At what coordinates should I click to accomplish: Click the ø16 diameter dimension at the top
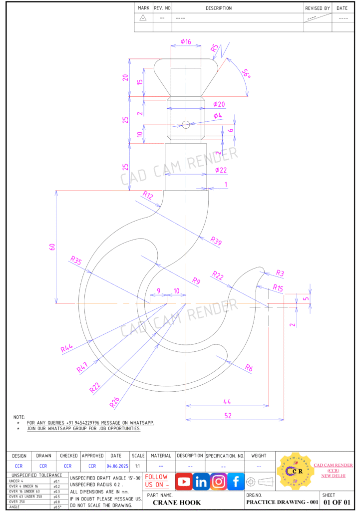[x=186, y=42]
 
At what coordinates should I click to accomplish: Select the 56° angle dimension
[x=246, y=73]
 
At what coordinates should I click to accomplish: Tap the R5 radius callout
[x=214, y=48]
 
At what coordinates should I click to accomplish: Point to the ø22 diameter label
[x=221, y=170]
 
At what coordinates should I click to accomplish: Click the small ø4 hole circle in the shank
[x=186, y=124]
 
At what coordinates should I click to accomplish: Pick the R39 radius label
[x=216, y=241]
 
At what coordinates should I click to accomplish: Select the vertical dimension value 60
[x=52, y=247]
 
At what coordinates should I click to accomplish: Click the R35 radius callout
[x=75, y=260]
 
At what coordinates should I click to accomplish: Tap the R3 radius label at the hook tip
[x=280, y=273]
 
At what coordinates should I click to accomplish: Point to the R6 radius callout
[x=249, y=368]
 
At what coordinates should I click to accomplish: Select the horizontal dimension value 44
[x=227, y=401]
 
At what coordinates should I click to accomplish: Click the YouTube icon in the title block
[x=184, y=482]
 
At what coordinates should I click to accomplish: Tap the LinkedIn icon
[x=201, y=482]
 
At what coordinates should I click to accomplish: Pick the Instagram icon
[x=219, y=482]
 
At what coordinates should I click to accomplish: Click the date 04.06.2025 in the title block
[x=116, y=466]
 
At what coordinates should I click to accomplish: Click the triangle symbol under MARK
[x=143, y=17]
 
